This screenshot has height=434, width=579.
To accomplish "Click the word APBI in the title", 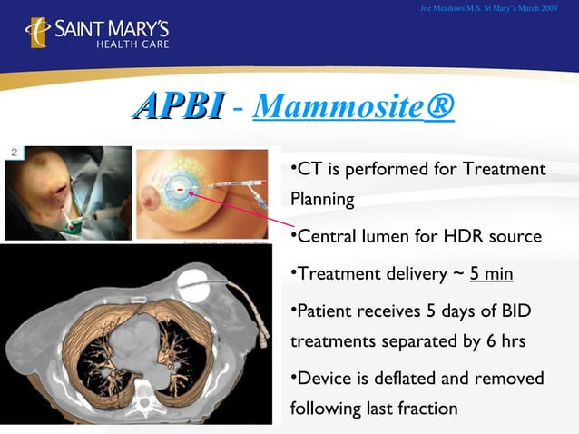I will (x=177, y=106).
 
